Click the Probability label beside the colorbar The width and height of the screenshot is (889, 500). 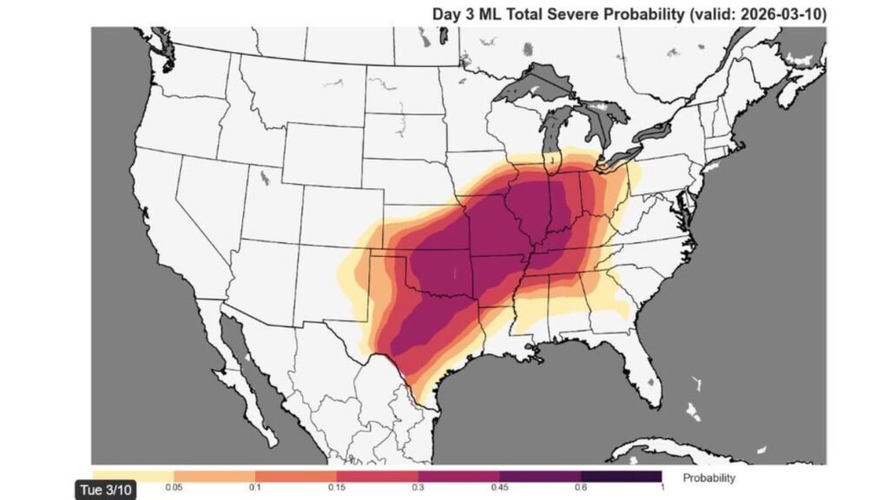708,477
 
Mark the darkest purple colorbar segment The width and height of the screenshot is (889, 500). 621,477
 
